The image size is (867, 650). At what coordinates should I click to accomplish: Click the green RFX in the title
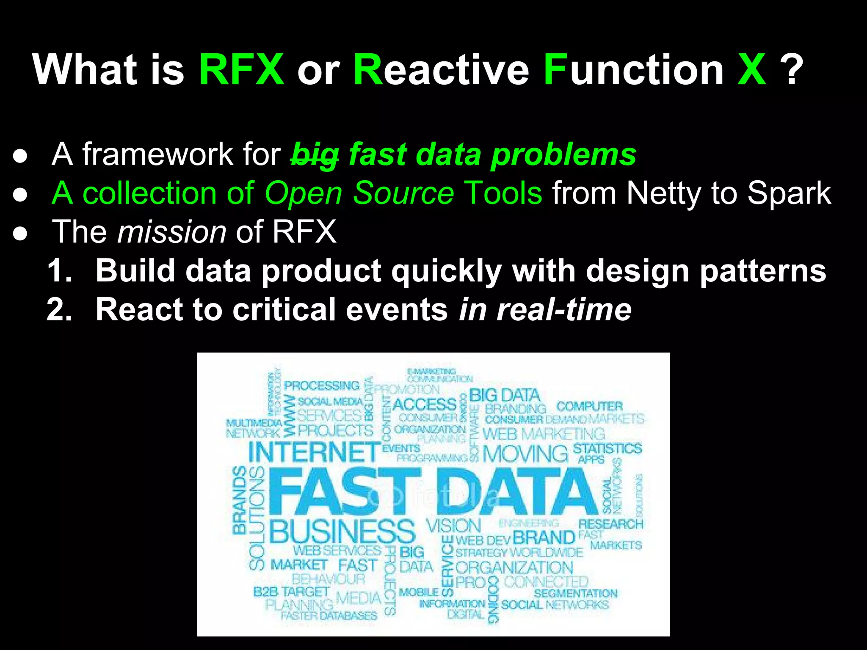[241, 69]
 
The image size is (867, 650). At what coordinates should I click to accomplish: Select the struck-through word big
[315, 155]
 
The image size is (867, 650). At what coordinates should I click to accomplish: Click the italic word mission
[172, 232]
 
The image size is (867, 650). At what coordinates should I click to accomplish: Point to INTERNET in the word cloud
[314, 452]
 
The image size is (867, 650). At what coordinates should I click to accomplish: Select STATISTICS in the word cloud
[607, 448]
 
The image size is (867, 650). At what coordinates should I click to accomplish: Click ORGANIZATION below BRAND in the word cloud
[514, 567]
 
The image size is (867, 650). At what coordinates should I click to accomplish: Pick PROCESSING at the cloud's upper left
[322, 386]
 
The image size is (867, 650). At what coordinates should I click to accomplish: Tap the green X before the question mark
[751, 69]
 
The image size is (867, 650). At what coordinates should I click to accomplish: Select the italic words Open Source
[359, 193]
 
